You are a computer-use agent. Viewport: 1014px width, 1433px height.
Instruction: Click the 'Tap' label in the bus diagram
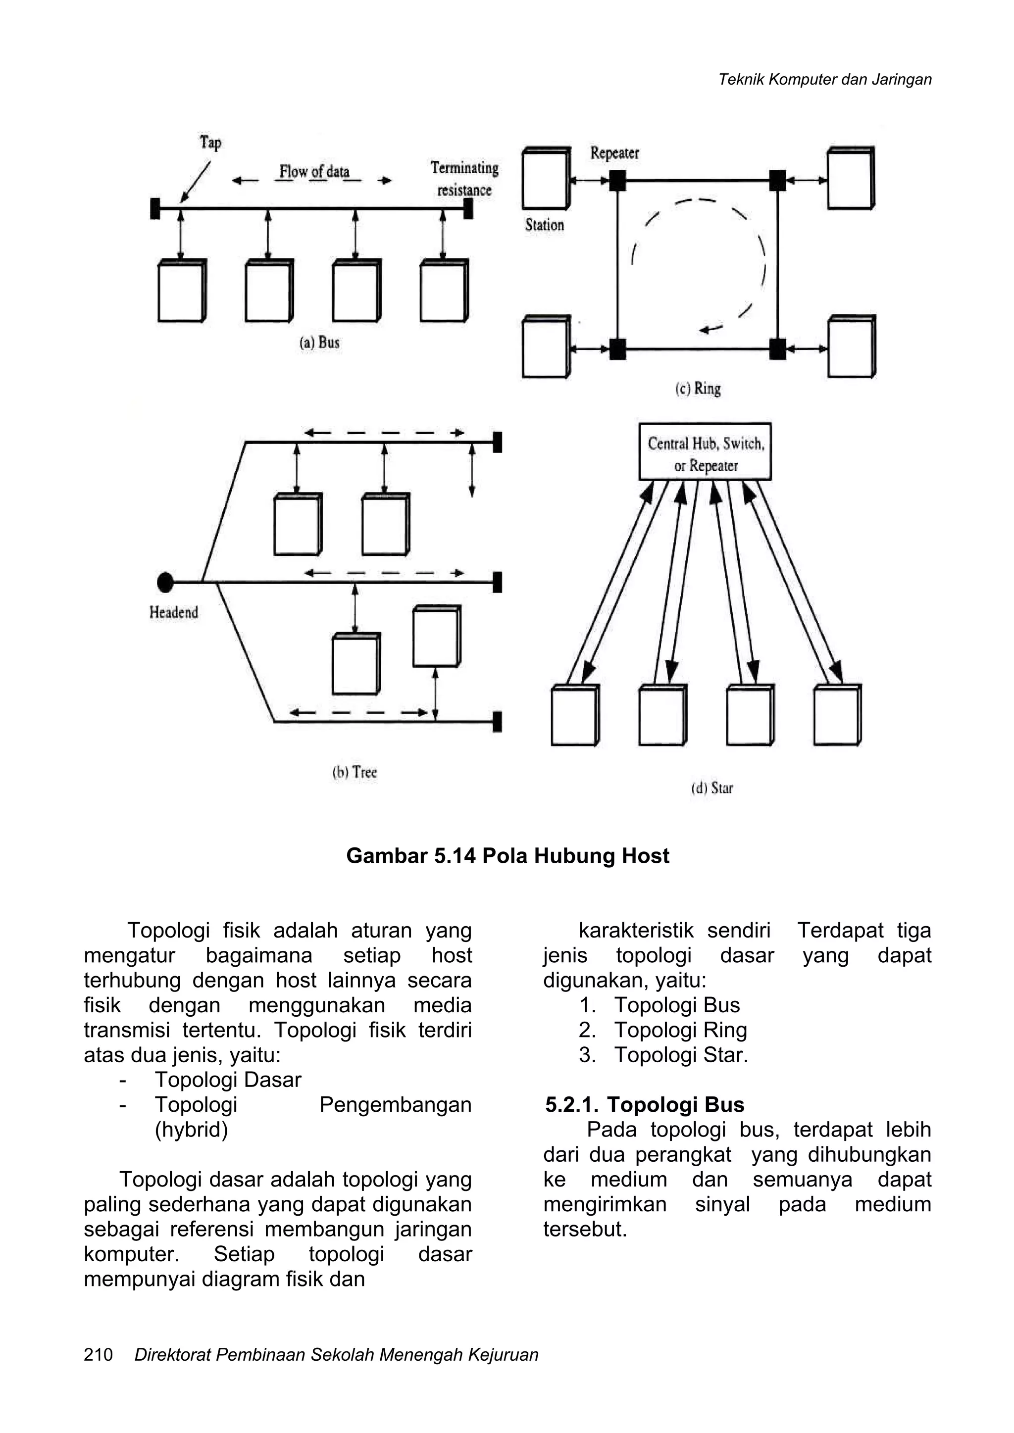[210, 143]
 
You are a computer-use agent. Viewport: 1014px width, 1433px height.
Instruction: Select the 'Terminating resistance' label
[464, 179]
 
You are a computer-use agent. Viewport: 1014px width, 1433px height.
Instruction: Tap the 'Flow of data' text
[314, 172]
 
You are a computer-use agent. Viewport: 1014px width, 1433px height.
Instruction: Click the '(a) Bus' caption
[320, 342]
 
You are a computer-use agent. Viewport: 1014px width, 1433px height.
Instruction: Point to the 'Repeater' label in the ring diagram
[614, 153]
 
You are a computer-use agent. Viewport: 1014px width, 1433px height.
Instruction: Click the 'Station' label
[545, 225]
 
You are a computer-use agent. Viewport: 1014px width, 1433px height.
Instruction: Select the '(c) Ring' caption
[698, 389]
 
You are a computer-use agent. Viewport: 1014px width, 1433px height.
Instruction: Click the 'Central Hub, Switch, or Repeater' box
[705, 452]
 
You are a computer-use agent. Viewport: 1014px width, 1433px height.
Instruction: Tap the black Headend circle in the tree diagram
[165, 582]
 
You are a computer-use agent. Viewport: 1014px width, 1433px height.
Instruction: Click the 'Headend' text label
[174, 612]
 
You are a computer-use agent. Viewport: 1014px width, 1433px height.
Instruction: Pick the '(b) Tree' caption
[355, 772]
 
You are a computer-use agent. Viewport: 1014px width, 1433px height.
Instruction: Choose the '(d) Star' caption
[712, 789]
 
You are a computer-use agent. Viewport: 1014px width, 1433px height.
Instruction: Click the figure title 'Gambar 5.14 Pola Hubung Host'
[507, 856]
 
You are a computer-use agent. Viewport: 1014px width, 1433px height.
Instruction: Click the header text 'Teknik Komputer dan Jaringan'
[825, 80]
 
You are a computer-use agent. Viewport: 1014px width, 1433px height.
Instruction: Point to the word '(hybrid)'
[191, 1130]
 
